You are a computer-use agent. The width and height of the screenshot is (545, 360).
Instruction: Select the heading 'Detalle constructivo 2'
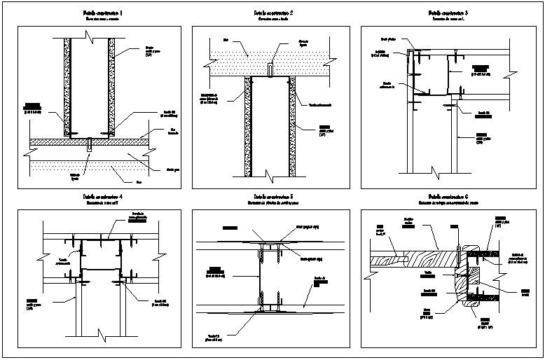(272, 13)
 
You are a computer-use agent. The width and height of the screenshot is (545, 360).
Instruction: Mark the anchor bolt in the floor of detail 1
(89, 146)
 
